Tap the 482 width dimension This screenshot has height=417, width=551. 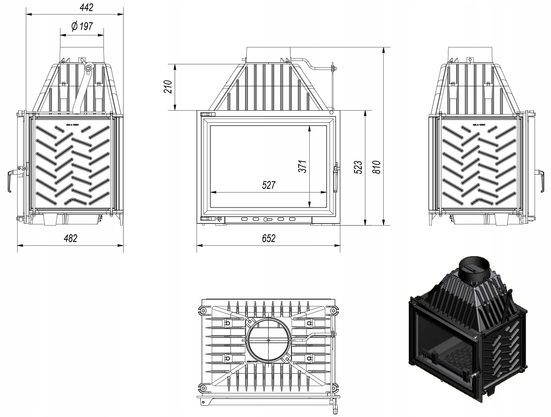[x=70, y=239]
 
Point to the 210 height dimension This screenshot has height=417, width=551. [x=168, y=87]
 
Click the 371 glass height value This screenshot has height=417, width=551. [x=303, y=166]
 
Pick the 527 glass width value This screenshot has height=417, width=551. [x=268, y=185]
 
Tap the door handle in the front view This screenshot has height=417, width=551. [x=336, y=177]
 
